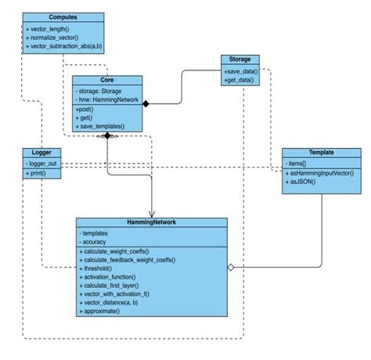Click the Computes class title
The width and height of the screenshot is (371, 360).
point(62,16)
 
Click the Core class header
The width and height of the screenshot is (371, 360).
point(107,80)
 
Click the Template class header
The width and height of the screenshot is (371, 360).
point(321,153)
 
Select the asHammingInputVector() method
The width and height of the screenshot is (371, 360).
point(322,173)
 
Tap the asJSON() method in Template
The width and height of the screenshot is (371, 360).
point(303,182)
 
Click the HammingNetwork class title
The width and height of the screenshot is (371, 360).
point(151,223)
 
